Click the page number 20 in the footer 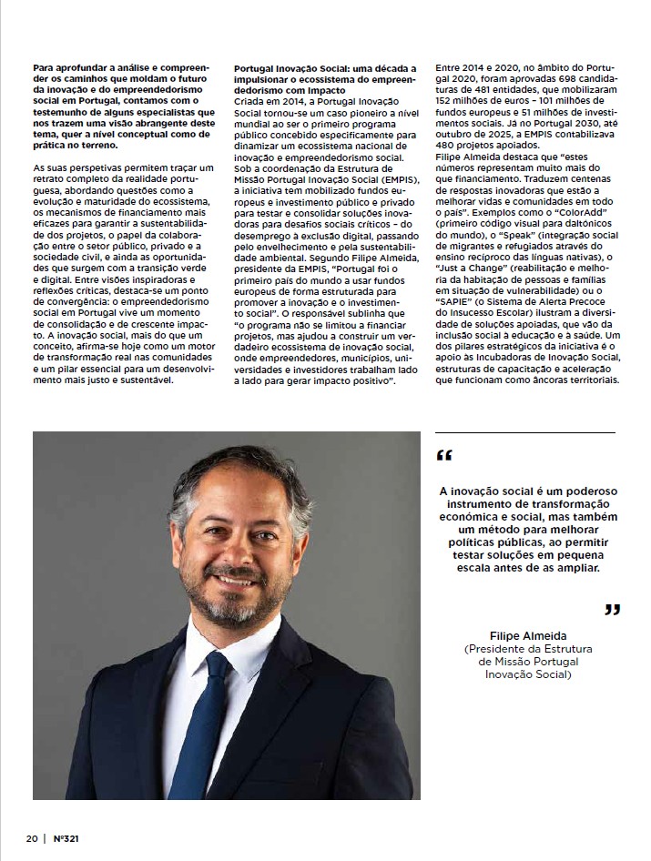pos(31,837)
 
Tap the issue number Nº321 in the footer pos(68,837)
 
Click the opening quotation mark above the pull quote pos(443,454)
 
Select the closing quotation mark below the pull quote pos(612,609)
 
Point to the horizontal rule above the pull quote pos(525,431)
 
